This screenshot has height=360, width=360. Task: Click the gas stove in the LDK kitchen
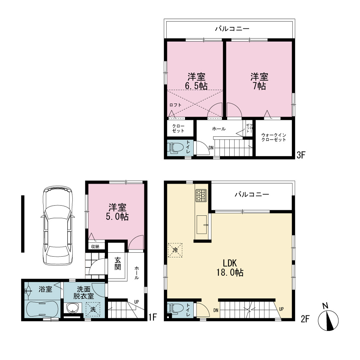(201, 195)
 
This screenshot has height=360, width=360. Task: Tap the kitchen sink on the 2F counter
(202, 225)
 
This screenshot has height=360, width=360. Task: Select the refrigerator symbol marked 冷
(175, 250)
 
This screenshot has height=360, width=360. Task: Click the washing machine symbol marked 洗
(93, 309)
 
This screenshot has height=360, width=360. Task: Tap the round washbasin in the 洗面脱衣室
(73, 308)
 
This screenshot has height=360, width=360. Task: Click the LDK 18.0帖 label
(230, 268)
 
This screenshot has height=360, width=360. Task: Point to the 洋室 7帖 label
(260, 81)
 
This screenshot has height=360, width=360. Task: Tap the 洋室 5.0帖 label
(117, 212)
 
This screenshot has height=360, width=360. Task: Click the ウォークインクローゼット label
(274, 137)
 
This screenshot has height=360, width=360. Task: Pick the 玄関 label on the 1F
(118, 264)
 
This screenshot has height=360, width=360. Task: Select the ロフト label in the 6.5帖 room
(175, 105)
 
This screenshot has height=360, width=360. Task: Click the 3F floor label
(301, 155)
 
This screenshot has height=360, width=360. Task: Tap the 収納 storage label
(95, 247)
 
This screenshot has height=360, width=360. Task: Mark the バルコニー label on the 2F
(252, 195)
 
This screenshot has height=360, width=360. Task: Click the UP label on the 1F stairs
(136, 302)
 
